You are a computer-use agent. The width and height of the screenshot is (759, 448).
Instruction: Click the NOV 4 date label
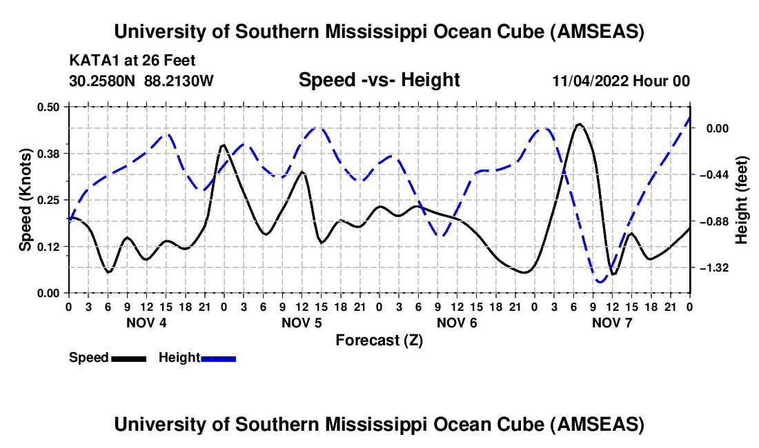[146, 322]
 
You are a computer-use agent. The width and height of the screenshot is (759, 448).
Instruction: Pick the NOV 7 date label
[612, 322]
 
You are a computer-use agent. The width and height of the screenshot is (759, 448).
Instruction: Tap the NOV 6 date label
[457, 322]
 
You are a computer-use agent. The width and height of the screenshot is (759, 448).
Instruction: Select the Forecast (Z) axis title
[379, 340]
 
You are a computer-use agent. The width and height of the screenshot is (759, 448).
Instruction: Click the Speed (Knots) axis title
[25, 199]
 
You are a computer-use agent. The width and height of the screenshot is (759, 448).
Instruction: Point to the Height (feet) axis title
[742, 199]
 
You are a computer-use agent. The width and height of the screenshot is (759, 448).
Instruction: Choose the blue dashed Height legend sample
[218, 358]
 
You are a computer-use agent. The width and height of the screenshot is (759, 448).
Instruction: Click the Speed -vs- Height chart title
[379, 80]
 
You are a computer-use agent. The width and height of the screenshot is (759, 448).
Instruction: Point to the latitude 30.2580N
[103, 81]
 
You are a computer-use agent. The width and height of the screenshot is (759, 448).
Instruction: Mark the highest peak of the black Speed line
[580, 124]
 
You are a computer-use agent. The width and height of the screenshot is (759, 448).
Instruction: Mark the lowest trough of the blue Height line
[600, 282]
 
